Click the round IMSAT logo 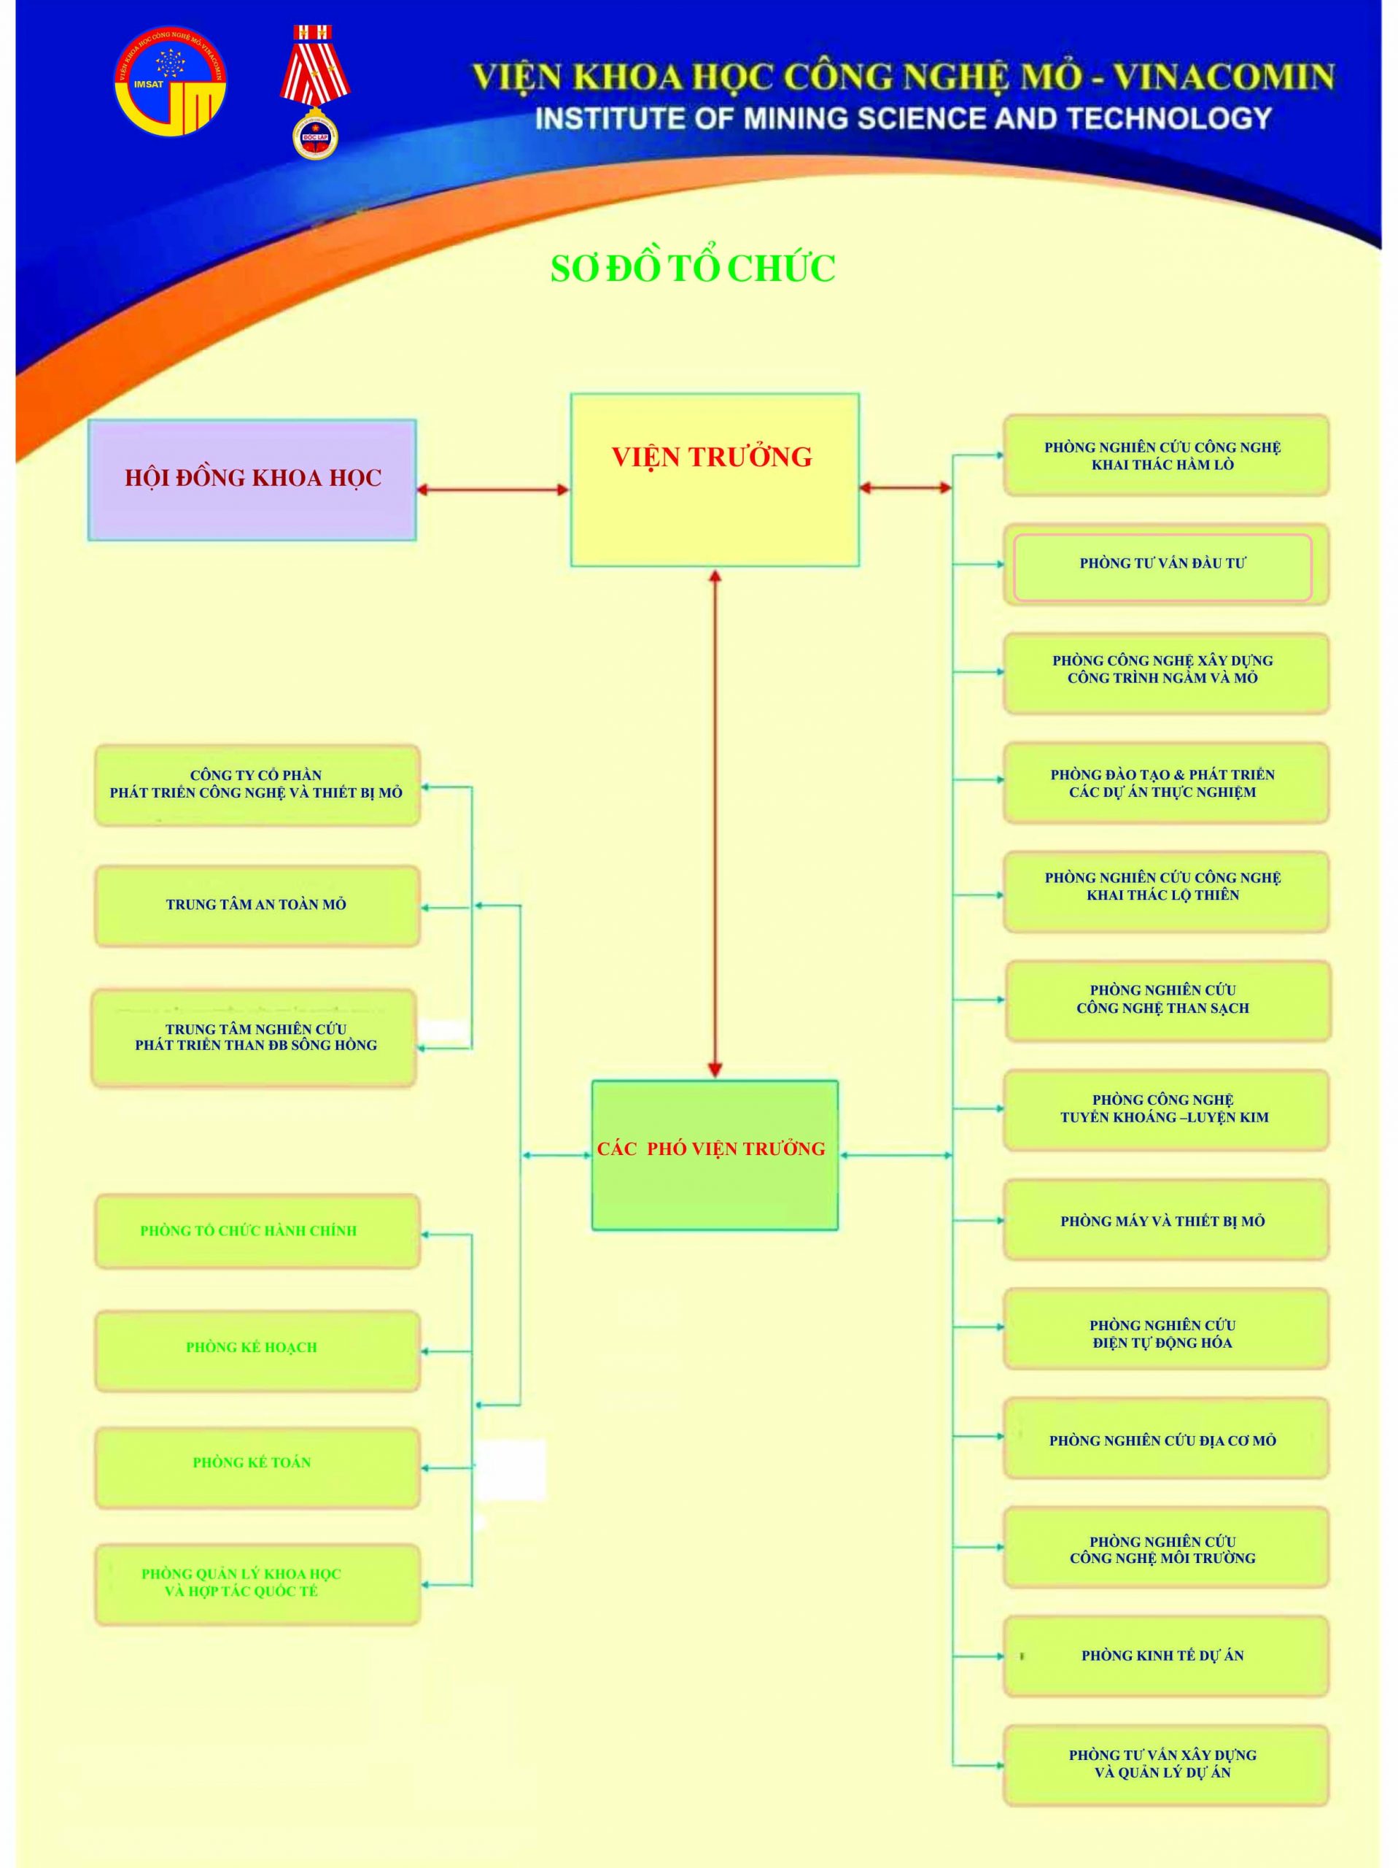171,81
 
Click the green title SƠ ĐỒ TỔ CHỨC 692,269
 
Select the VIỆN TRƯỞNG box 714,479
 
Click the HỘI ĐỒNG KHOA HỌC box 252,479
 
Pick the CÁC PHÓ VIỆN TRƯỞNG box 714,1154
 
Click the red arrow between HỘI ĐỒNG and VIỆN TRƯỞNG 492,489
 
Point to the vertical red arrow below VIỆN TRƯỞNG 715,823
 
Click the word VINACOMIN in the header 1223,77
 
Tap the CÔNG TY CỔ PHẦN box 257,784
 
